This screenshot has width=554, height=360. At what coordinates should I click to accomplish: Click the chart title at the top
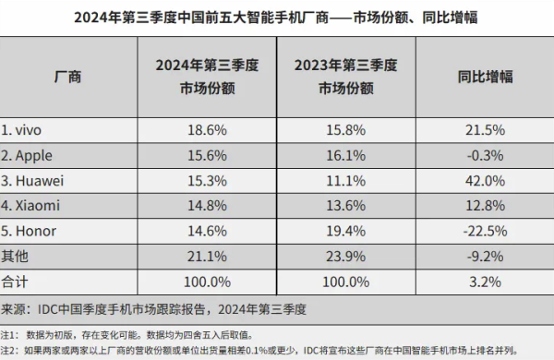pyautogui.click(x=275, y=17)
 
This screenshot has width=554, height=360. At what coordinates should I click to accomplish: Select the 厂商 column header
pyautogui.click(x=67, y=77)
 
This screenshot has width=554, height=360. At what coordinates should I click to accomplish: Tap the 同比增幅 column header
pyautogui.click(x=485, y=77)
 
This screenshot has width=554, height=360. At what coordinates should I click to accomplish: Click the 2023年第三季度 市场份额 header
pyautogui.click(x=346, y=77)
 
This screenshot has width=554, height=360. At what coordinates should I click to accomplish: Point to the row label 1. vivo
pyautogui.click(x=21, y=130)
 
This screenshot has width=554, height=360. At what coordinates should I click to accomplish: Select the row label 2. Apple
pyautogui.click(x=27, y=156)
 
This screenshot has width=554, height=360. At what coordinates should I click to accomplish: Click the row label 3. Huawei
pyautogui.click(x=32, y=181)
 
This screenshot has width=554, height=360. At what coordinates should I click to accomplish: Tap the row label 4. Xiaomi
pyautogui.click(x=30, y=206)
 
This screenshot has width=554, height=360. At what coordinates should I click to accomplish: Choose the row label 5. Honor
pyautogui.click(x=29, y=231)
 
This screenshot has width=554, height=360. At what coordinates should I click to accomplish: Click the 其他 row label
pyautogui.click(x=15, y=256)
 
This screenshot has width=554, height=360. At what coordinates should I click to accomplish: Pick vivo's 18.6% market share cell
pyautogui.click(x=207, y=130)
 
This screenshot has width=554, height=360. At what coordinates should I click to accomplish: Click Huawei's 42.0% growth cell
pyautogui.click(x=485, y=181)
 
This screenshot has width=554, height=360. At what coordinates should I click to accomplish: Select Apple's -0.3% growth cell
pyautogui.click(x=485, y=156)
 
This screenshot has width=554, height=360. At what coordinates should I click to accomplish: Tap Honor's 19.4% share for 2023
pyautogui.click(x=346, y=231)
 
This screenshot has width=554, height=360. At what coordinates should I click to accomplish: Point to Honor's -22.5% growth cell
pyautogui.click(x=485, y=231)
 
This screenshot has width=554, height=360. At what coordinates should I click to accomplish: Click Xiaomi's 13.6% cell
pyautogui.click(x=346, y=206)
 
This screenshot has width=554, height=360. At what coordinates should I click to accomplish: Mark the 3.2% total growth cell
pyautogui.click(x=485, y=282)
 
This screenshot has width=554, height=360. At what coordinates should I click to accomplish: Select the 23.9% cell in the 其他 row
pyautogui.click(x=346, y=257)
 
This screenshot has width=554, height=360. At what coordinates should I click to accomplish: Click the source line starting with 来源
pyautogui.click(x=153, y=309)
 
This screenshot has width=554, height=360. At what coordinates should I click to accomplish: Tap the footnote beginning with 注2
pyautogui.click(x=259, y=351)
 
